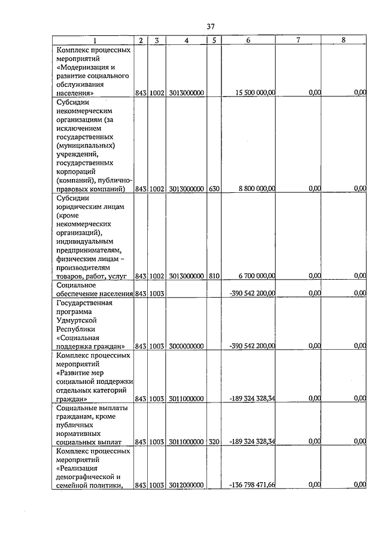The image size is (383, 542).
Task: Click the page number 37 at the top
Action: [x=210, y=26]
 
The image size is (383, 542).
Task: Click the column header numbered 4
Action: [x=187, y=41]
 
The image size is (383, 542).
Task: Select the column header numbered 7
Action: [x=297, y=41]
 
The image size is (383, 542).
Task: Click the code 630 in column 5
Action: [x=214, y=189]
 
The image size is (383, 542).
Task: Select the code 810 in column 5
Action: [x=214, y=276]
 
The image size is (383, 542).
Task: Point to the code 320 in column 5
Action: [x=214, y=442]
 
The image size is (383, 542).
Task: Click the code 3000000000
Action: [x=187, y=346]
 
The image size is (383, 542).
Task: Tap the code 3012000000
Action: [x=187, y=485]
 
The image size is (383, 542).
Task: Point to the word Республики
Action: [x=76, y=329]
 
